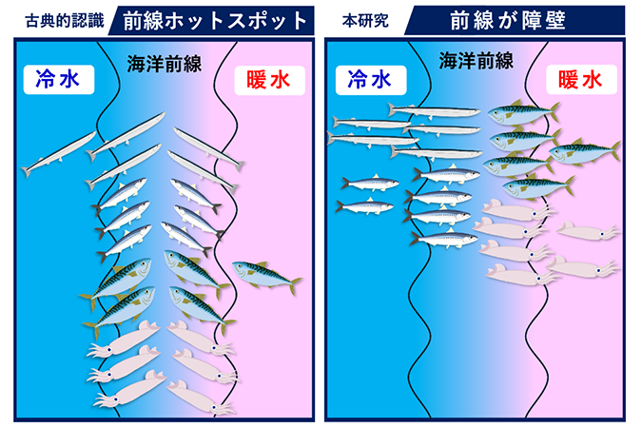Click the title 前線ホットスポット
click(x=217, y=20)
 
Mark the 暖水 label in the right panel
click(x=580, y=81)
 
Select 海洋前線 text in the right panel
click(x=476, y=63)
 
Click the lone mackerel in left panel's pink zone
click(x=266, y=275)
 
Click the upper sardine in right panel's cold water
click(x=365, y=182)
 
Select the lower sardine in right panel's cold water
click(x=364, y=205)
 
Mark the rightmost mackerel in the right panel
click(x=583, y=151)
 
